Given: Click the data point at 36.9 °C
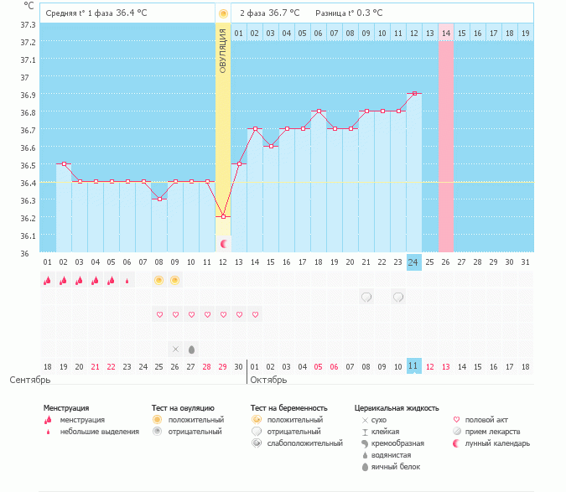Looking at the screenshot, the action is pos(414,93).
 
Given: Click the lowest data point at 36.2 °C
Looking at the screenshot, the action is pos(223,217).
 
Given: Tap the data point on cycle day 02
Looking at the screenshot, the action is pos(64,163).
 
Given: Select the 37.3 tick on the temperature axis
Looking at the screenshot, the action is pos(28,24).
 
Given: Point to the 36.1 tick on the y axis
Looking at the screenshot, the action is pos(28,236).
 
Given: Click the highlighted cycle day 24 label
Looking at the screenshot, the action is pos(413,262).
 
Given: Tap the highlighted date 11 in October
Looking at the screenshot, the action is pos(413,366).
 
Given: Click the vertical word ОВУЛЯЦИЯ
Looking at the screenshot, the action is pos(223,51).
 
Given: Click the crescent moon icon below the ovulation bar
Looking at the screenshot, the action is pos(224,244).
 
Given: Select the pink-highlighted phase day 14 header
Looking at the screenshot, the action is pos(446,34).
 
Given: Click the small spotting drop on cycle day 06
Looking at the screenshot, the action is pos(127,281).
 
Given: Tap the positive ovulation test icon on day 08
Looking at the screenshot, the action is pos(158,280).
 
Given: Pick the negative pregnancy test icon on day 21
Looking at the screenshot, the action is pos(366,298).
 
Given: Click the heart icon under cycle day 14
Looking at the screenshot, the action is pos(255,314).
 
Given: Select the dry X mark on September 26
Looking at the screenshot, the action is pos(175,350).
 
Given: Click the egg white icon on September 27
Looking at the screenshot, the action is pos(192,350).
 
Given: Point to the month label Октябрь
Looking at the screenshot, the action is pos(268,380).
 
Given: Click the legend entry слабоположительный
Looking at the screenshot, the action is pos(305,443).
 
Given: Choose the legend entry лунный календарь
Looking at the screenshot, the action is pos(497,443).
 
